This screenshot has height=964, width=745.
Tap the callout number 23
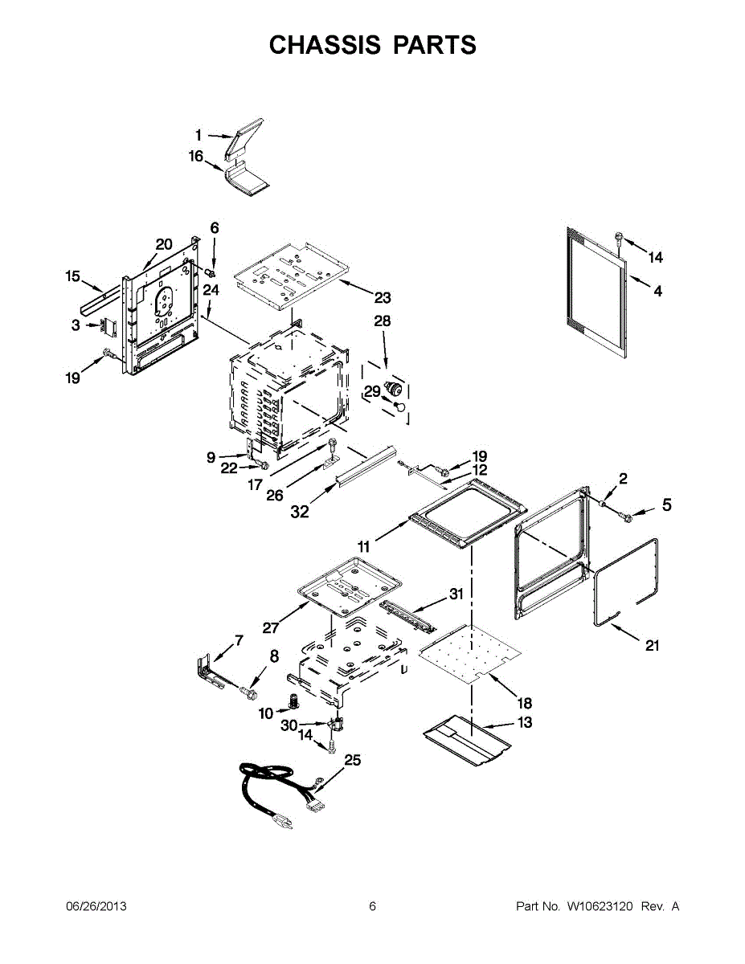pos(383,298)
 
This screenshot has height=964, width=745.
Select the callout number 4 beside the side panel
pos(657,292)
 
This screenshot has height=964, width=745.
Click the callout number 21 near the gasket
pos(652,645)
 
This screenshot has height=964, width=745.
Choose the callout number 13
pos(524,723)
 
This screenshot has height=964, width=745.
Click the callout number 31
pos(456,594)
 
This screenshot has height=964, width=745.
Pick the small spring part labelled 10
pos(294,701)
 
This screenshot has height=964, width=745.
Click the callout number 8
pos(274,656)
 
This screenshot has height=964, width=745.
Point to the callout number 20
pos(164,244)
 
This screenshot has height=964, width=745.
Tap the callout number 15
pos(73,277)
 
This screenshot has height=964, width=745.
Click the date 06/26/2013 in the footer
pos(96,906)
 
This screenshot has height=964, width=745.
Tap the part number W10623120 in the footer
pos(601,906)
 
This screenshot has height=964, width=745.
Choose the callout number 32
pos(299,511)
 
